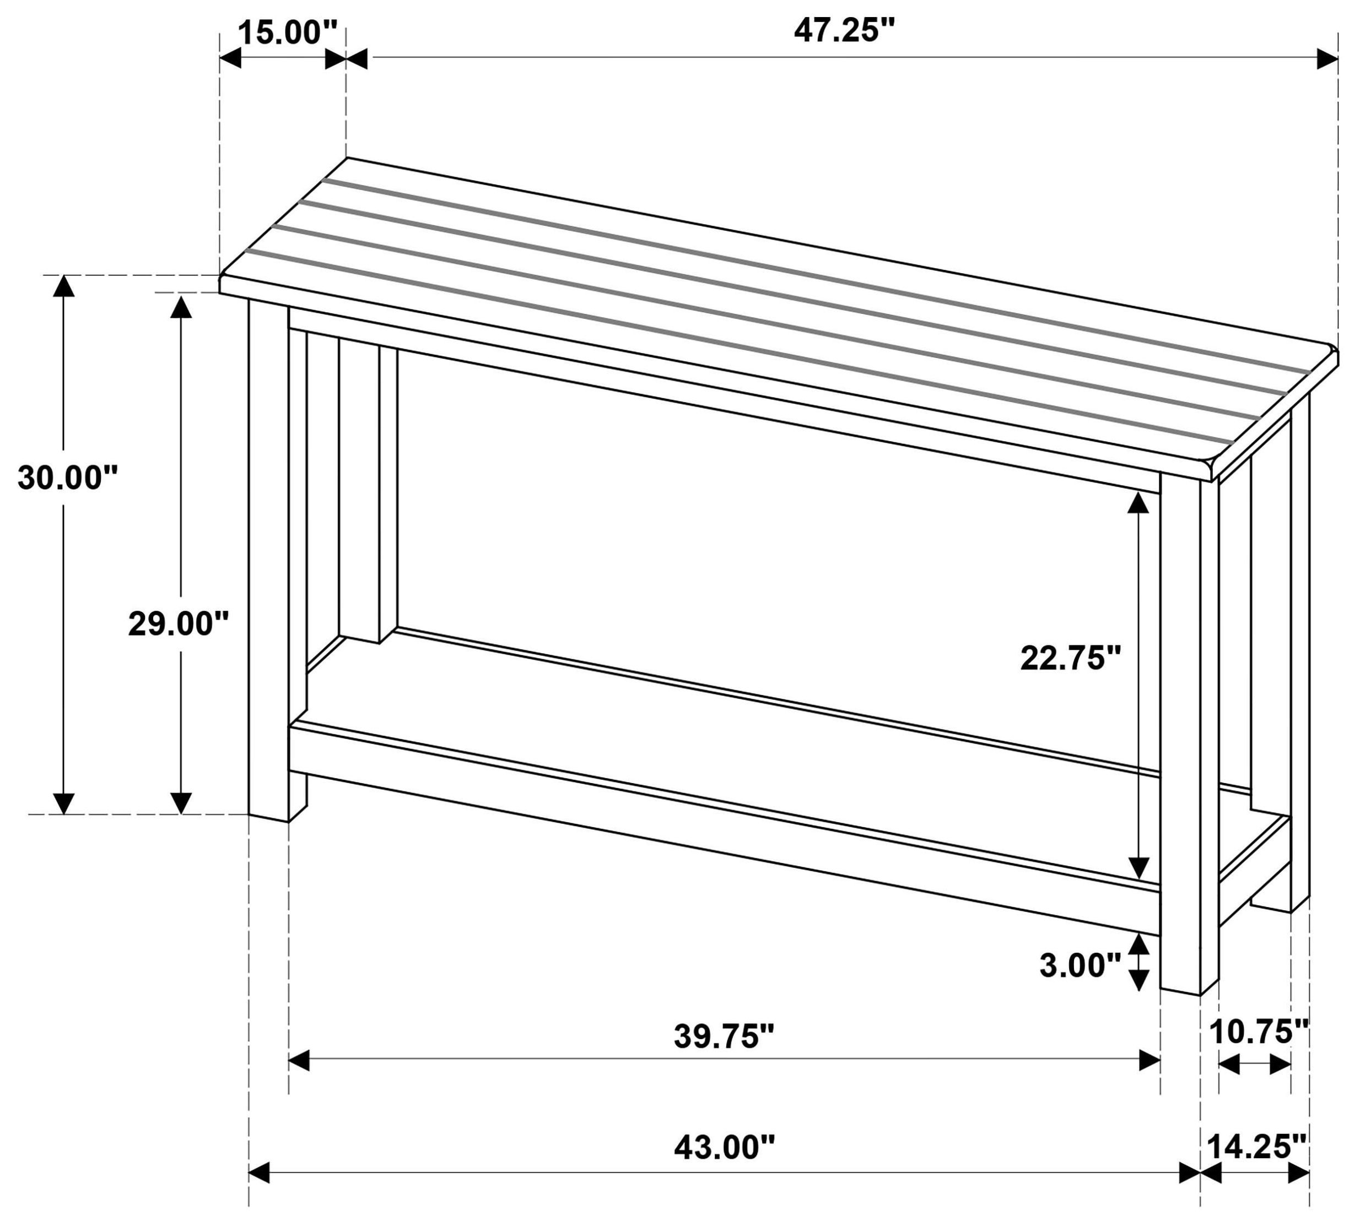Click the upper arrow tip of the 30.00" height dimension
(x=63, y=276)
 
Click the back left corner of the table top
(x=347, y=159)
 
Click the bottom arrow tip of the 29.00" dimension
(x=180, y=814)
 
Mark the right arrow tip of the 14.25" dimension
(x=1309, y=1173)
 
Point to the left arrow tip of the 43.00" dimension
(x=250, y=1173)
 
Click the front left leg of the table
(x=269, y=560)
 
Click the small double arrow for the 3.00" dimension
(x=1138, y=962)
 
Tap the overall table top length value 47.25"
(x=844, y=31)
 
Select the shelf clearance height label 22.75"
(x=1071, y=658)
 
